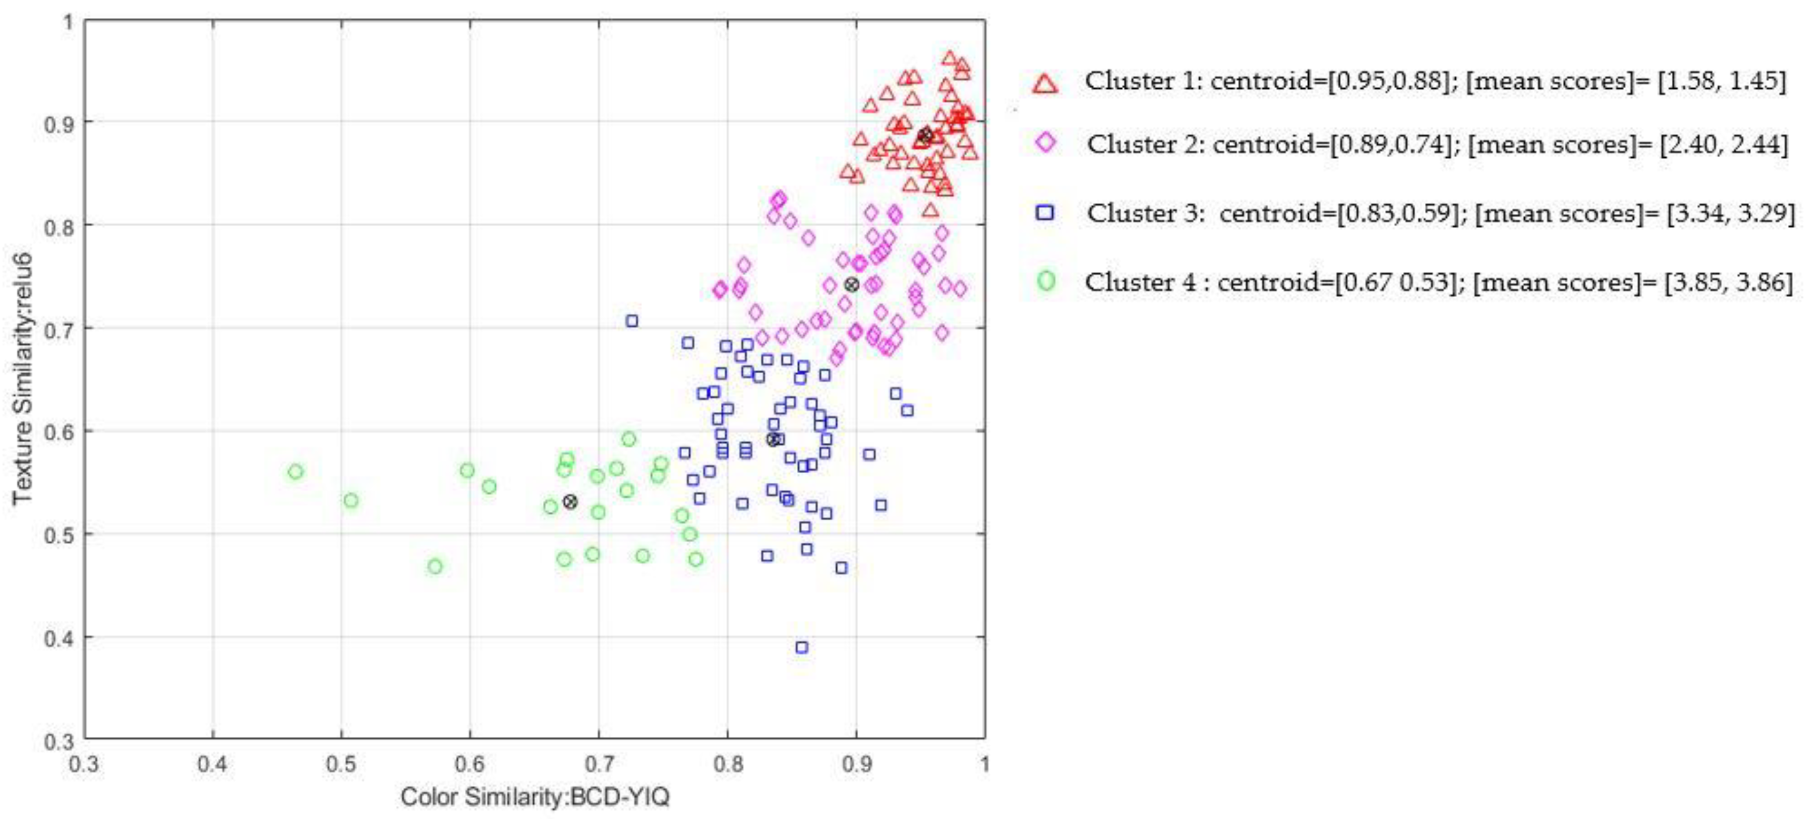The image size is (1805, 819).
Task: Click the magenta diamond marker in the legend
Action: pyautogui.click(x=1046, y=143)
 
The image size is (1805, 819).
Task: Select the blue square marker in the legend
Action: pyautogui.click(x=1046, y=212)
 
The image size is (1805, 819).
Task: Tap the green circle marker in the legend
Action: pyautogui.click(x=1046, y=281)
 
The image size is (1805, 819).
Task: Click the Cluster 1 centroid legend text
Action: pyautogui.click(x=1434, y=81)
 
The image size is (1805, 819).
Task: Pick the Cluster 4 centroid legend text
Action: pyautogui.click(x=1438, y=282)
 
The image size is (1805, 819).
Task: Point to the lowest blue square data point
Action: pyautogui.click(x=801, y=647)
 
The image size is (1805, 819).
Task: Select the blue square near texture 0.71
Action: pyautogui.click(x=632, y=321)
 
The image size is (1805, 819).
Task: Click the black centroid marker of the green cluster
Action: pyautogui.click(x=570, y=502)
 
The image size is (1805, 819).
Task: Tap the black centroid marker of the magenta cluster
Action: pyautogui.click(x=852, y=284)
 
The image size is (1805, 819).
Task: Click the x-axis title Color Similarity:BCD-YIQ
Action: pyautogui.click(x=535, y=797)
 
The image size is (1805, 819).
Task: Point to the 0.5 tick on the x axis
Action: pyautogui.click(x=341, y=764)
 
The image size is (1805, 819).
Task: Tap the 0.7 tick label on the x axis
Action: pyautogui.click(x=598, y=764)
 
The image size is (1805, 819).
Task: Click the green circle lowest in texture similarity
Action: pyautogui.click(x=435, y=566)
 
